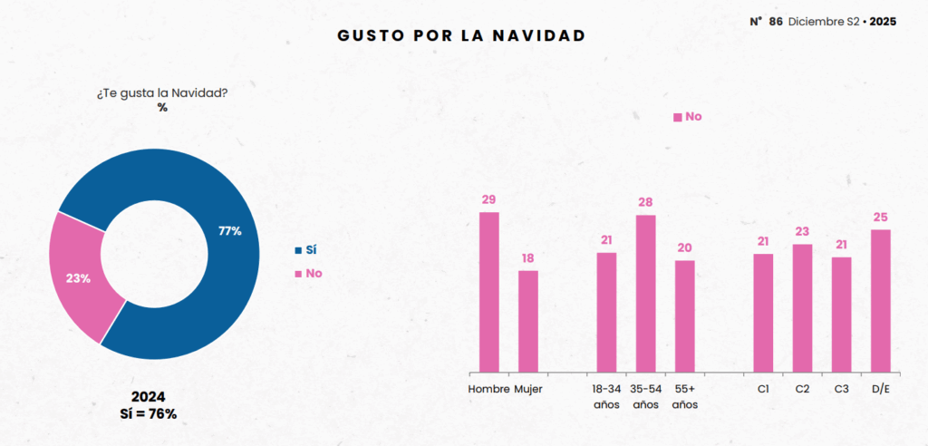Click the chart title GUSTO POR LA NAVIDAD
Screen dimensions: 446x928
click(x=461, y=35)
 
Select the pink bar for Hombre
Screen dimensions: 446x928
click(x=489, y=290)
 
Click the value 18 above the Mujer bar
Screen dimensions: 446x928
click(x=528, y=259)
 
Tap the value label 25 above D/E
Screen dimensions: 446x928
click(x=880, y=218)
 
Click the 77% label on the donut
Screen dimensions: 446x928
click(x=230, y=231)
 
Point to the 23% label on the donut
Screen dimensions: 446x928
click(x=78, y=278)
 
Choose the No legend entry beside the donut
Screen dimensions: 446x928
click(x=308, y=273)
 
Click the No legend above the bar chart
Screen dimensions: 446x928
click(x=688, y=116)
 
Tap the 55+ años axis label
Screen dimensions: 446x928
click(x=684, y=396)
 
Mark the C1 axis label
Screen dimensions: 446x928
click(x=763, y=389)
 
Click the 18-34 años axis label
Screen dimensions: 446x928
click(x=606, y=396)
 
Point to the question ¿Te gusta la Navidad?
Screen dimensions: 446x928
click(x=162, y=92)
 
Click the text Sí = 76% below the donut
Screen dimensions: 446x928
click(x=148, y=414)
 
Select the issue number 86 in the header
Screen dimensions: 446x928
click(x=775, y=21)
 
